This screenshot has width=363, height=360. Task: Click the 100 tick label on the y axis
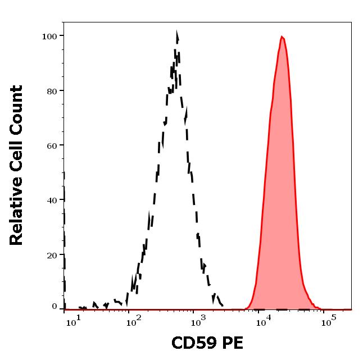(x=49, y=37)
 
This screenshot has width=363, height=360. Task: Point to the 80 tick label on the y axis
(x=52, y=91)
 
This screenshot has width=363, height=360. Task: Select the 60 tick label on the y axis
(x=52, y=145)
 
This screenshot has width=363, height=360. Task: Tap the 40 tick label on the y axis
(x=52, y=200)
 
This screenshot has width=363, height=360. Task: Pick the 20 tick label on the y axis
(x=52, y=255)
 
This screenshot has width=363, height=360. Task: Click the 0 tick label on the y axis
(x=55, y=307)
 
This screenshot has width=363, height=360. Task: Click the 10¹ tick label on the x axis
(x=73, y=322)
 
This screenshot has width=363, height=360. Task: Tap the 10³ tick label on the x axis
(x=198, y=322)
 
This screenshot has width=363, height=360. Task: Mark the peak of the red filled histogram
(x=282, y=37)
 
